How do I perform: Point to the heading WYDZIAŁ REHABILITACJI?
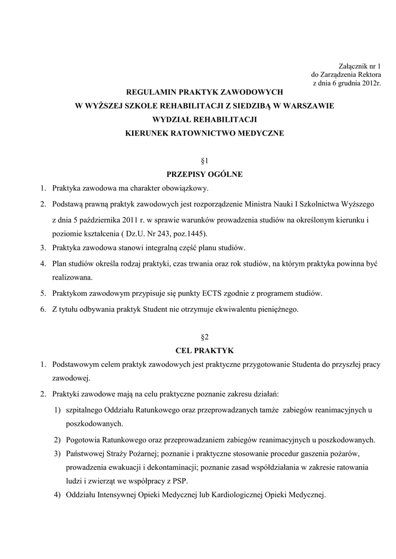(205, 120)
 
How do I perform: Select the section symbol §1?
(205, 161)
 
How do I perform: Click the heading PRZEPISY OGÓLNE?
(205, 175)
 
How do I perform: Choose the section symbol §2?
(205, 337)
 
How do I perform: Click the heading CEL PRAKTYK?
(205, 350)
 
